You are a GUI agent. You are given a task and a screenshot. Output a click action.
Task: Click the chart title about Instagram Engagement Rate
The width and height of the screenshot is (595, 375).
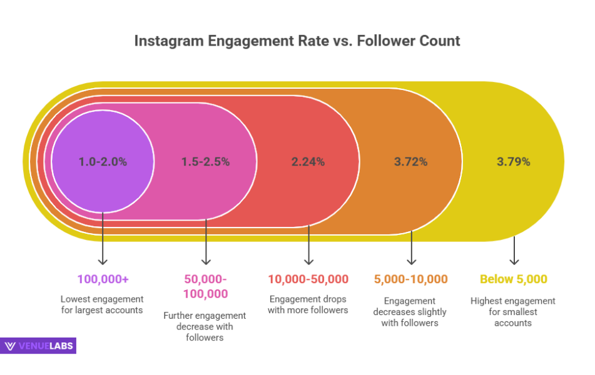(297, 41)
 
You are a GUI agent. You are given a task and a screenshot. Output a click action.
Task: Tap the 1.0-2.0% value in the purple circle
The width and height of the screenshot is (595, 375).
(103, 161)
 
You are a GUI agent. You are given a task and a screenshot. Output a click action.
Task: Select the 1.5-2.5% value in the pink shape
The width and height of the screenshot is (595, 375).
(205, 161)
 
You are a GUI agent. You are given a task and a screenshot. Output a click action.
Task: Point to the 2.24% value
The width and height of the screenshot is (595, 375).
(308, 161)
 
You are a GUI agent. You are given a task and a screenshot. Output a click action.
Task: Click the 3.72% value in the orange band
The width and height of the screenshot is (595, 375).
(411, 161)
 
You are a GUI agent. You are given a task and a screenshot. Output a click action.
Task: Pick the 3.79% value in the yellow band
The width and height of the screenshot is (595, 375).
(514, 161)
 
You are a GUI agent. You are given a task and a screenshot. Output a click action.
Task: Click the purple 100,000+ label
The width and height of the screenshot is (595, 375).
(103, 279)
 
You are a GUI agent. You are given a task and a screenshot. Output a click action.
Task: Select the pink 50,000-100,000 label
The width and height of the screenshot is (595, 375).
(205, 286)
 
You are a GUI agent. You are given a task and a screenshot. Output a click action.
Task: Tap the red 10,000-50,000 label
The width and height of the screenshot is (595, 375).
(308, 279)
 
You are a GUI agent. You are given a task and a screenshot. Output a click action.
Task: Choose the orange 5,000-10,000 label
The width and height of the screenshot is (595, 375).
(411, 279)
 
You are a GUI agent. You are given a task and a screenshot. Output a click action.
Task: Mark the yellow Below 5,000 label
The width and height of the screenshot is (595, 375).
(514, 279)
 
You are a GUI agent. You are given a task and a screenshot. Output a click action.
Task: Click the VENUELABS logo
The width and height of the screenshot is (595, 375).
(39, 346)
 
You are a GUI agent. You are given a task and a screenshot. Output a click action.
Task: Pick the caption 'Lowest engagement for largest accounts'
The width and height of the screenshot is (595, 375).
(103, 305)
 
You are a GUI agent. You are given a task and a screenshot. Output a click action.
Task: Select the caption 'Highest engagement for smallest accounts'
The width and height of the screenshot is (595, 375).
(514, 312)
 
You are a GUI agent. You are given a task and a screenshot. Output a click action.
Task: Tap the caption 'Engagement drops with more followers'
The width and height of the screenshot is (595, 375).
(308, 304)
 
